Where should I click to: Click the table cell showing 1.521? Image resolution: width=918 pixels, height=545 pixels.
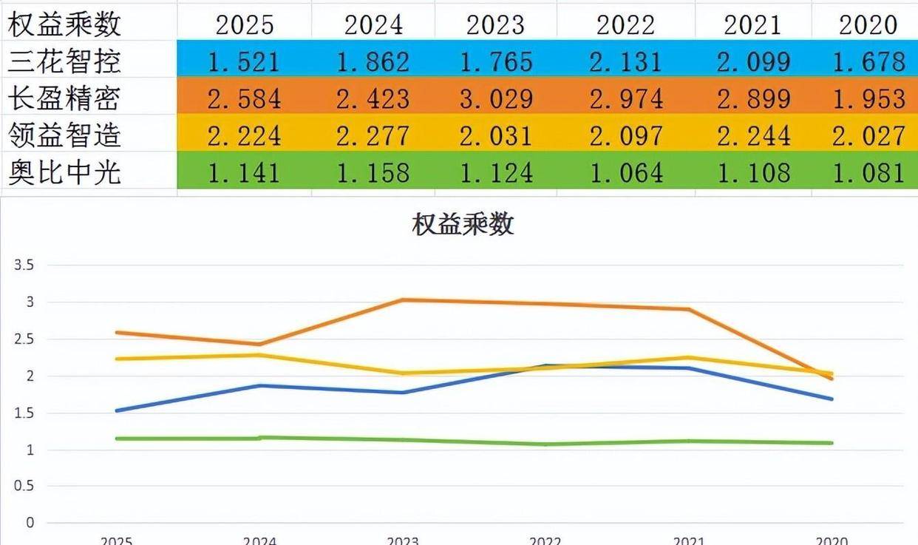click(244, 61)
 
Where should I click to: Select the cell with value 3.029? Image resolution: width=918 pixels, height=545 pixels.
click(496, 98)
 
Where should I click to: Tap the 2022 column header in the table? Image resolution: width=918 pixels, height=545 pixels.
click(625, 24)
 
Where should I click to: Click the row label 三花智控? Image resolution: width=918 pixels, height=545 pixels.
click(64, 61)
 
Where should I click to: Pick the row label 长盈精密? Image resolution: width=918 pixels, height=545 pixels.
click(64, 98)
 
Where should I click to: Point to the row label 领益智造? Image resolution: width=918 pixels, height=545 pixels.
click(64, 135)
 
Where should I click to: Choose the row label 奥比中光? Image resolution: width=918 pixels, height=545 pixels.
click(64, 173)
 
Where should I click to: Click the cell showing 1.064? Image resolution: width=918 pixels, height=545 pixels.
click(625, 173)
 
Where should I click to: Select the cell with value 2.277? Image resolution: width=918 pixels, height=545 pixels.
click(373, 135)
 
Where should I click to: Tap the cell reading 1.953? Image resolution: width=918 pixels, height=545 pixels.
click(868, 98)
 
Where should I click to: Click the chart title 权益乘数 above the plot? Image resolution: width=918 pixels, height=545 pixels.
click(463, 224)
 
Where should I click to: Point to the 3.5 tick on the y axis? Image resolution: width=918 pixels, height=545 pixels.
click(24, 265)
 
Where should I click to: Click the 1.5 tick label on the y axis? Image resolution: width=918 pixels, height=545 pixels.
click(24, 413)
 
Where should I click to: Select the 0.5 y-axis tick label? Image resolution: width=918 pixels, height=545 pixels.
click(24, 486)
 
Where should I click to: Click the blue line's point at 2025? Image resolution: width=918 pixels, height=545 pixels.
click(117, 410)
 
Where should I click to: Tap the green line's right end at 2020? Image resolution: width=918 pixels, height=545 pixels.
click(832, 443)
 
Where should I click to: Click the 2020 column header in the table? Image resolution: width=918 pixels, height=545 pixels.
click(868, 24)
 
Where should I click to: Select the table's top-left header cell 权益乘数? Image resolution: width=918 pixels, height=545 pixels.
click(64, 24)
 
